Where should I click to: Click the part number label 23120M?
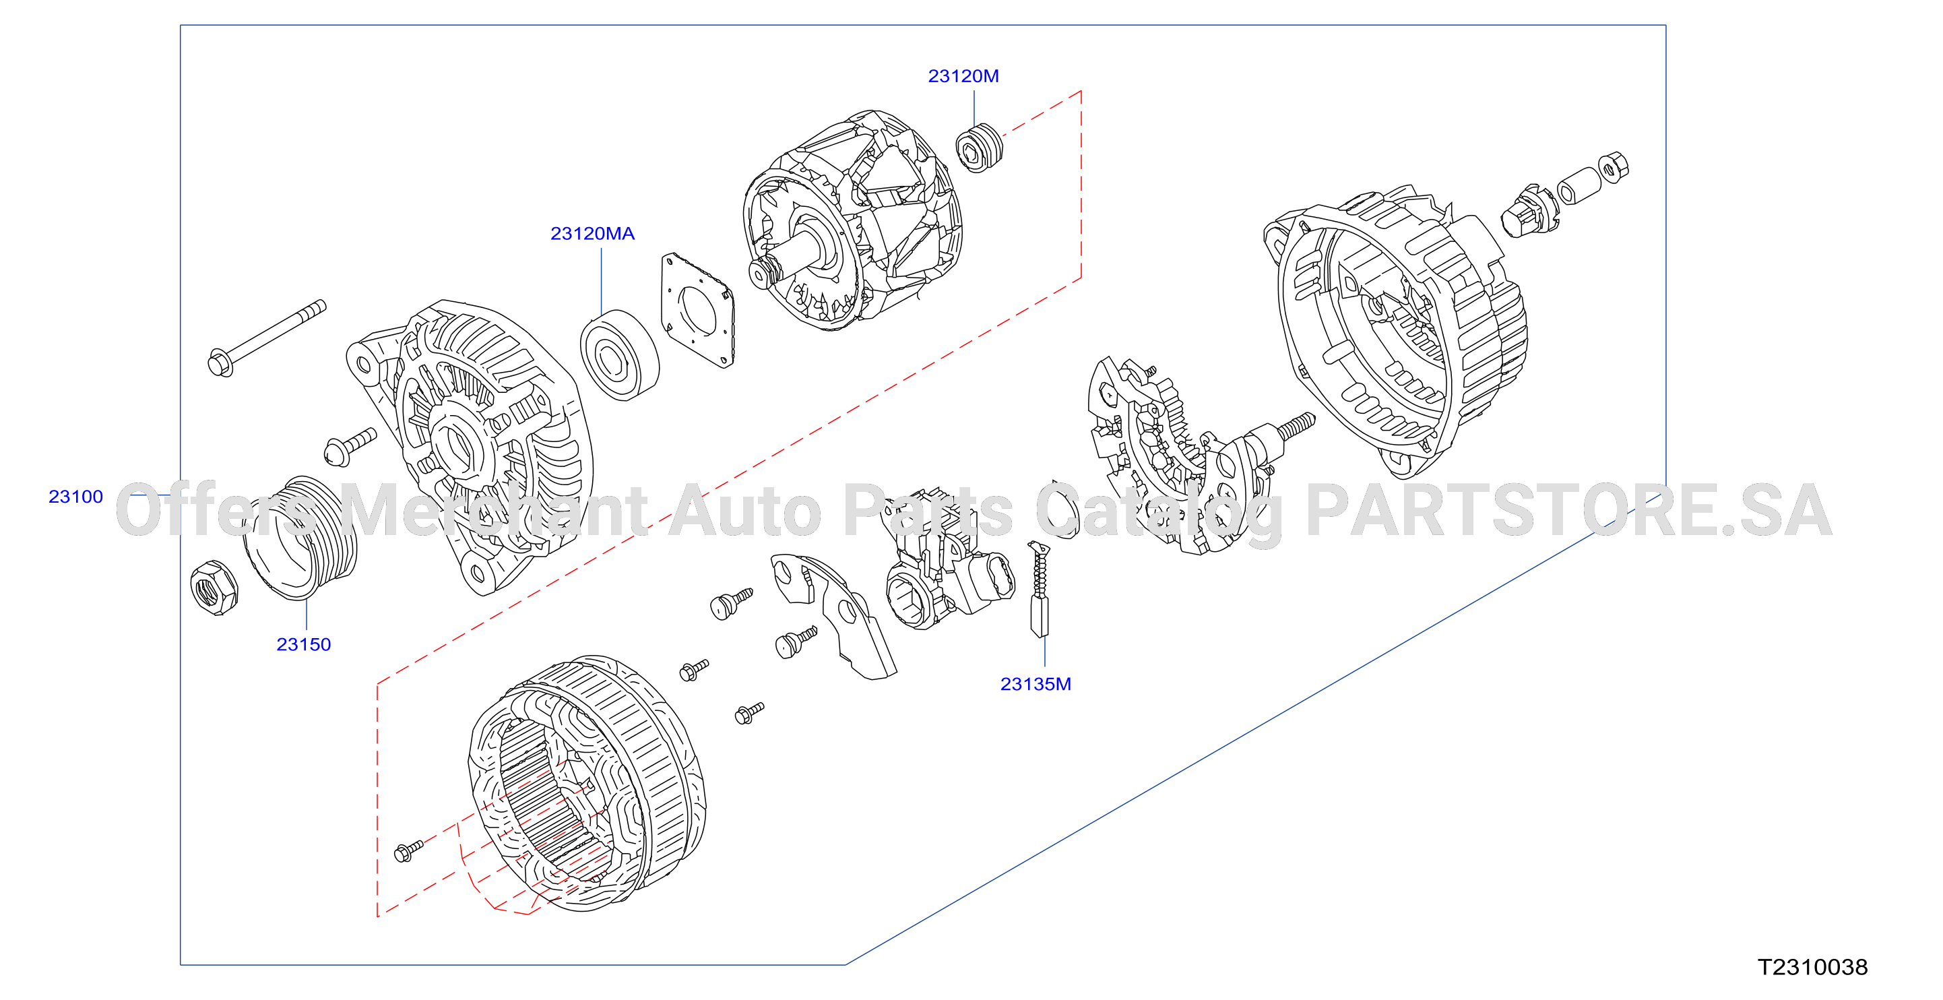point(963,76)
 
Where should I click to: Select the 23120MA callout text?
point(592,234)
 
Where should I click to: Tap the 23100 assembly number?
point(75,496)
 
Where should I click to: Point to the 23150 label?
point(303,644)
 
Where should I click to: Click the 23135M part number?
point(1036,684)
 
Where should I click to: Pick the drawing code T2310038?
point(1812,967)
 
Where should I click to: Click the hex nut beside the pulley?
point(214,588)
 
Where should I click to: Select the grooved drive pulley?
point(299,538)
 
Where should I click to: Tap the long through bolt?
point(266,338)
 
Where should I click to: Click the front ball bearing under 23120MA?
point(619,354)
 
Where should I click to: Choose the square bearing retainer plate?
point(698,310)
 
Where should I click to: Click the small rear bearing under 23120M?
point(979,148)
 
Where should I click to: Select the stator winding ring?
point(587,783)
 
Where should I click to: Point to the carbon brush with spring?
point(1040,590)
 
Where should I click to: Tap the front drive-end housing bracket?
point(470,448)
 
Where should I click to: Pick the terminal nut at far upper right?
point(1613,167)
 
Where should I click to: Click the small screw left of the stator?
point(409,850)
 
